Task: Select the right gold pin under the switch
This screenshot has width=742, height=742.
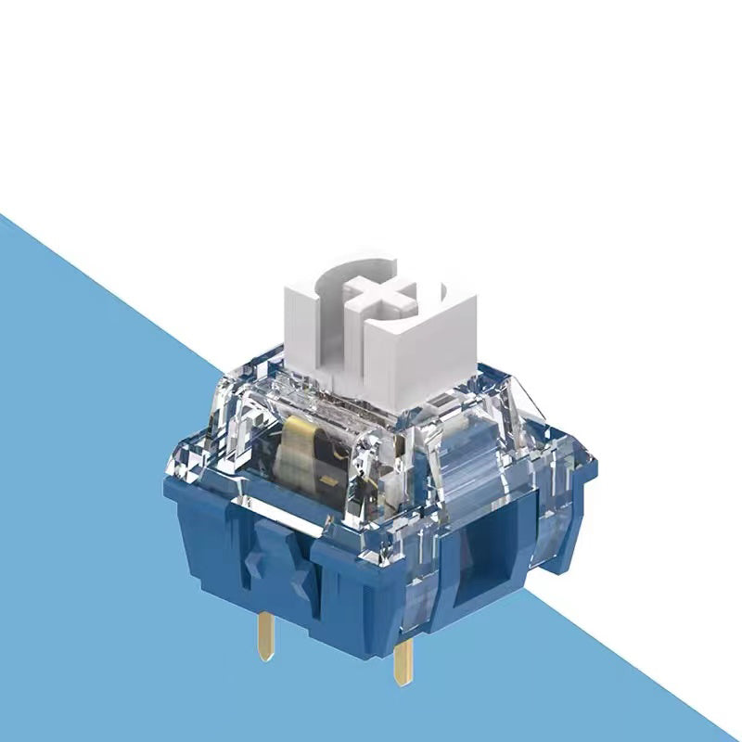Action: click(x=403, y=664)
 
